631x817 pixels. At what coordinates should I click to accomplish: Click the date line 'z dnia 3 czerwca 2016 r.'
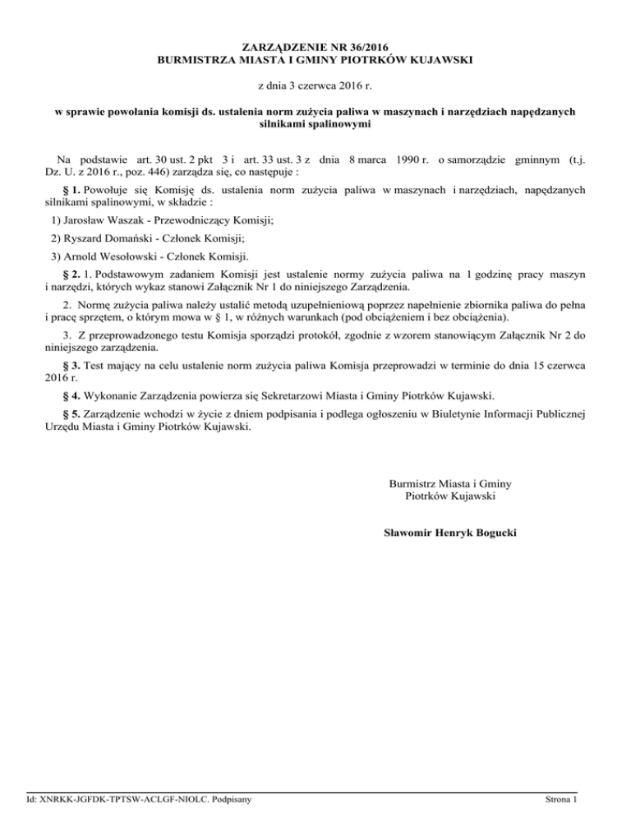point(315,85)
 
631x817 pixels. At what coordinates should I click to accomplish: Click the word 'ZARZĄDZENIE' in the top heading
point(276,47)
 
